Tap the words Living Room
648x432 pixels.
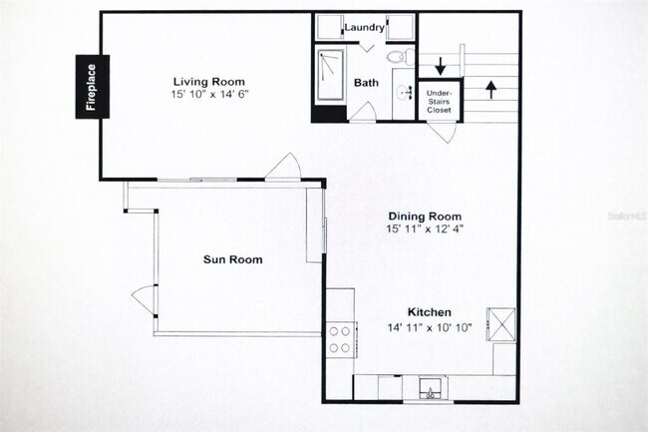(x=208, y=82)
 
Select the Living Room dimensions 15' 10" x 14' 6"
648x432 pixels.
(x=208, y=94)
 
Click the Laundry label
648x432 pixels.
(x=364, y=27)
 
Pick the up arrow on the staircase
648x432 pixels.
(x=489, y=89)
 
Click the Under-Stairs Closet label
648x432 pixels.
(x=439, y=100)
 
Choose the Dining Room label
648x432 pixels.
(x=424, y=216)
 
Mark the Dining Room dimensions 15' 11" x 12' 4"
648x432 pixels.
(x=424, y=228)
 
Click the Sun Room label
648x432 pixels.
(x=232, y=259)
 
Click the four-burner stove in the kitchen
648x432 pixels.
(x=340, y=339)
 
